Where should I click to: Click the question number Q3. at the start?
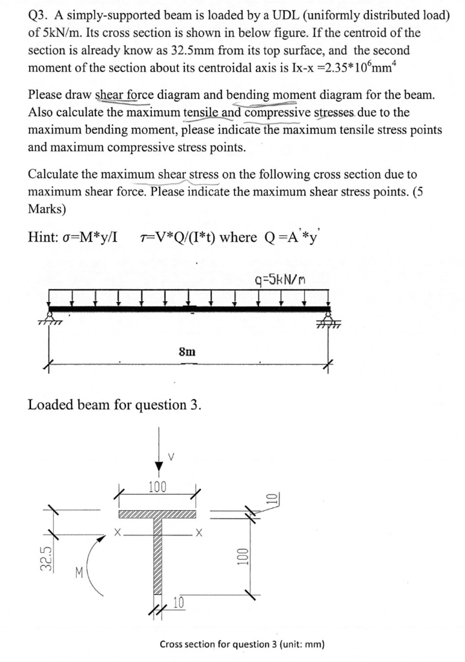(39, 16)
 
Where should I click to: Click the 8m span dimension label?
(187, 351)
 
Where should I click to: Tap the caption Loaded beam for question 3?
(114, 405)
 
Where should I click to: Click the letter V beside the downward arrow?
(170, 455)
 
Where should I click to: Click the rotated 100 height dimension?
(240, 557)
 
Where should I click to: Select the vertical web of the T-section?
(157, 556)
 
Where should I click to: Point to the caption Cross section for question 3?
(242, 644)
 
